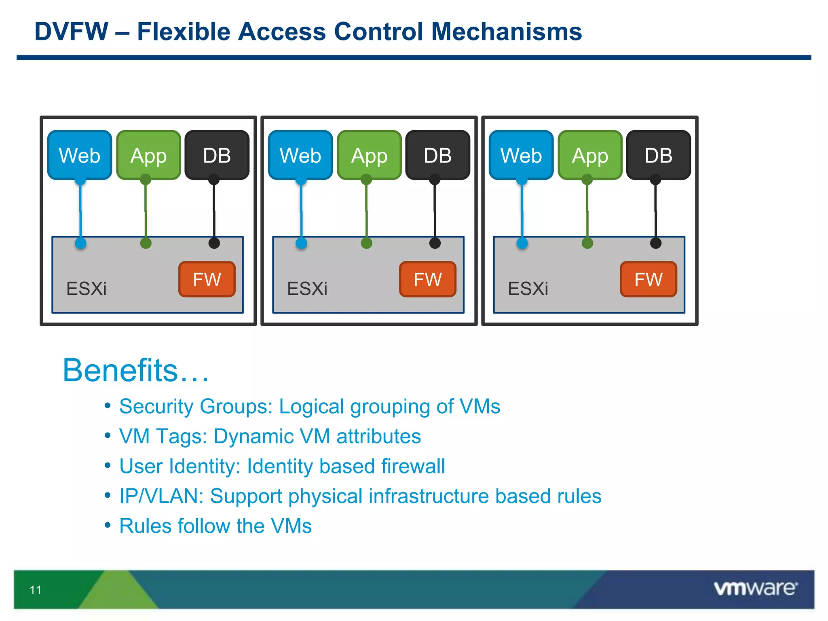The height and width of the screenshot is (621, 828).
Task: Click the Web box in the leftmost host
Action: click(x=80, y=155)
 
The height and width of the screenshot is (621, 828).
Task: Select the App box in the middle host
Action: click(x=369, y=155)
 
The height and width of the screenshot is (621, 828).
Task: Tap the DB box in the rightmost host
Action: click(x=658, y=155)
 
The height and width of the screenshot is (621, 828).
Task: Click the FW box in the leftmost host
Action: click(x=207, y=279)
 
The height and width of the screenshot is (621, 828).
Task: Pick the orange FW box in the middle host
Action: click(x=428, y=279)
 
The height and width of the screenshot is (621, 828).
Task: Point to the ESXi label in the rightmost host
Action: click(x=528, y=289)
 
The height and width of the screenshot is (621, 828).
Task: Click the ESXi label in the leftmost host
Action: click(x=87, y=289)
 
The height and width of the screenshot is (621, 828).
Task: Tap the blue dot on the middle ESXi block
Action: click(x=301, y=243)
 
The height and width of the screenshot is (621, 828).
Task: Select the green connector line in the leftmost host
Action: click(x=146, y=210)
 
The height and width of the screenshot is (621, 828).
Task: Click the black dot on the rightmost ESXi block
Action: click(x=655, y=243)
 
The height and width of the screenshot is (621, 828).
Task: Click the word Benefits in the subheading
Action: click(x=120, y=370)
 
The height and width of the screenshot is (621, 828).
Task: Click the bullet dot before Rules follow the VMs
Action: click(x=108, y=525)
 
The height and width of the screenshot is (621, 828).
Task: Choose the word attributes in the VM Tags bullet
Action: click(x=378, y=437)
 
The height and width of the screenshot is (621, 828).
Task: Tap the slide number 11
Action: click(x=36, y=590)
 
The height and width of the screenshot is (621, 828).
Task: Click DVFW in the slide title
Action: click(x=72, y=32)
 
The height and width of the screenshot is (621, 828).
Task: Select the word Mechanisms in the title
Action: click(x=506, y=32)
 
